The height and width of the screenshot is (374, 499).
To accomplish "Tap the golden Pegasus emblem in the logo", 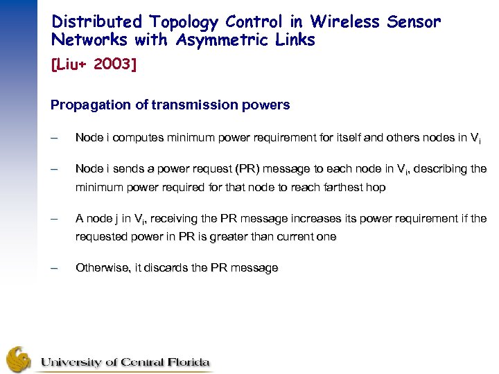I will [x=20, y=358].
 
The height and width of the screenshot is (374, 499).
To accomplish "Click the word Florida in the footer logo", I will [x=188, y=362].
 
